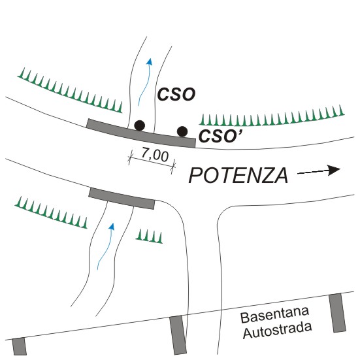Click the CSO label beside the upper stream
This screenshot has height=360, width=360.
click(176, 94)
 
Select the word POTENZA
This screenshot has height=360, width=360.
click(238, 175)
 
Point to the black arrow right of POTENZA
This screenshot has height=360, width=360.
click(319, 171)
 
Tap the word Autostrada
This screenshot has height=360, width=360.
click(277, 330)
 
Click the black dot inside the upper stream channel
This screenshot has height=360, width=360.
click(140, 125)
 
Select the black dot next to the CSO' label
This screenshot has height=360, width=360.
click(182, 131)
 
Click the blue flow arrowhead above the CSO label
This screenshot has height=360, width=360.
click(150, 61)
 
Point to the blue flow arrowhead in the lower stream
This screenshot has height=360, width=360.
click(112, 226)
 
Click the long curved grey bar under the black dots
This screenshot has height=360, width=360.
click(141, 133)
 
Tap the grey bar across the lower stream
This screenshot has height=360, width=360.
click(122, 199)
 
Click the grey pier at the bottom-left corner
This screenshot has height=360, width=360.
click(20, 347)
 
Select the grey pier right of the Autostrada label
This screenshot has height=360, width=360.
click(338, 313)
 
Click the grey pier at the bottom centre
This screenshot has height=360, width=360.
click(178, 335)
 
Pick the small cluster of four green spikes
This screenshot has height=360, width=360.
click(149, 237)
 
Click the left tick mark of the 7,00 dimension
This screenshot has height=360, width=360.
click(131, 157)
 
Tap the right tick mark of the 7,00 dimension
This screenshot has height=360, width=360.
click(173, 167)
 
